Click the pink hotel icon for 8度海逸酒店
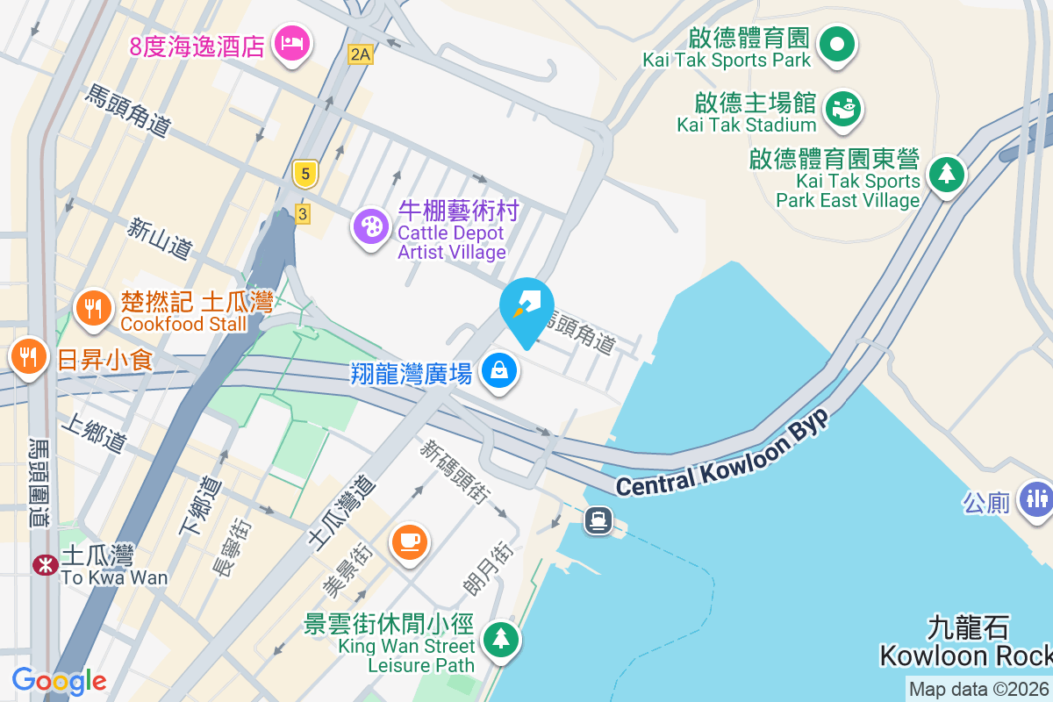point(291,41)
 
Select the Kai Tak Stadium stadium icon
point(845,108)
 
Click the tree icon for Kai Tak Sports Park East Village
point(947,173)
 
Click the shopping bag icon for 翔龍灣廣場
point(499,370)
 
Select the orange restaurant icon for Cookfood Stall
point(91,308)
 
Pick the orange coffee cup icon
point(409,540)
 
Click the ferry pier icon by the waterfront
point(598,520)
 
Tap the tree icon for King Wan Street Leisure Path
point(500,637)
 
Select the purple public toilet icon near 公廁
point(1036,498)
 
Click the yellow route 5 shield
point(304,174)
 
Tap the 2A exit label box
point(360,54)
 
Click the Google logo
point(59,680)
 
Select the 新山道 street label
point(159,239)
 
